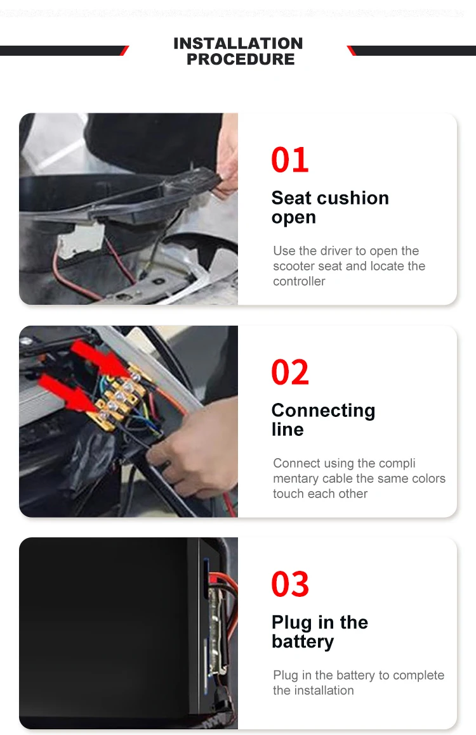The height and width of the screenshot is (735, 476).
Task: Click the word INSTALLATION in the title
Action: point(238,43)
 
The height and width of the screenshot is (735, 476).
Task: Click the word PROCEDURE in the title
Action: point(241,59)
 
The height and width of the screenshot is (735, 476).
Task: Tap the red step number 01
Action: point(289,160)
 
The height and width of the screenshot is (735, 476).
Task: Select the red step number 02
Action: point(289,372)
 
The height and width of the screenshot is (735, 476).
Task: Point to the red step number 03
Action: point(290,584)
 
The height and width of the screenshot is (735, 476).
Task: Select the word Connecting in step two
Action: point(323,411)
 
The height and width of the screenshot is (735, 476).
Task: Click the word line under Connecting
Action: point(288,430)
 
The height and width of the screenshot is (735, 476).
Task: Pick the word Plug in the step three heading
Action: point(292,623)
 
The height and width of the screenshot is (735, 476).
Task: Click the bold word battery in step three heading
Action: point(303,642)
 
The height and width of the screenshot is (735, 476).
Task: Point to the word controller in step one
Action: point(299,281)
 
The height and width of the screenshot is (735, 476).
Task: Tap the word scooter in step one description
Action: point(294,265)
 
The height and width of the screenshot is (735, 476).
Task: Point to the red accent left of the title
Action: point(124,51)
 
